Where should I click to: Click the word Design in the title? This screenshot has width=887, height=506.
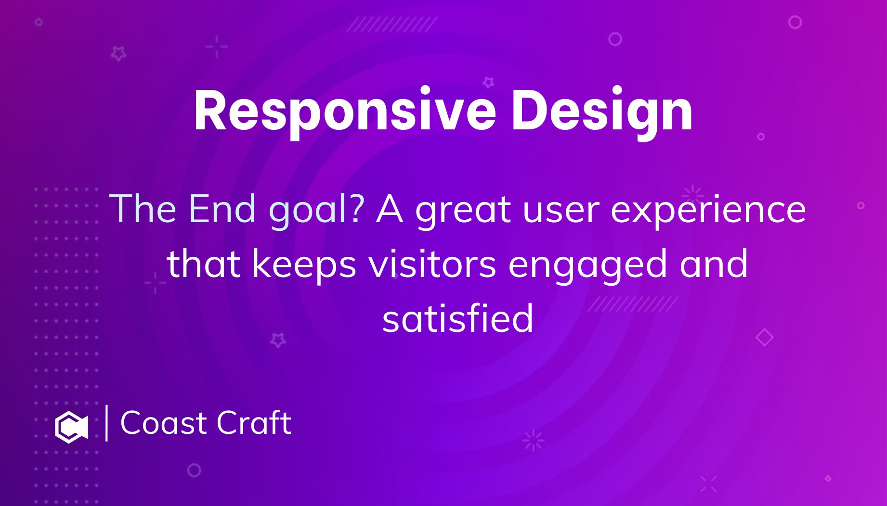click(601, 112)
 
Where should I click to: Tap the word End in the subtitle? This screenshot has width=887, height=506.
click(222, 209)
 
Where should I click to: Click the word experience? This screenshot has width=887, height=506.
click(708, 211)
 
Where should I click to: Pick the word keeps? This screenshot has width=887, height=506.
click(304, 265)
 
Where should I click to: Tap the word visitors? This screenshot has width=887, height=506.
click(432, 264)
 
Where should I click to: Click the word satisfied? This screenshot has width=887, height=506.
click(457, 319)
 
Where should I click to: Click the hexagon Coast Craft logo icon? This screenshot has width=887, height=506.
click(71, 427)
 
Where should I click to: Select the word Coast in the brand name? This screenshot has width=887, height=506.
click(164, 423)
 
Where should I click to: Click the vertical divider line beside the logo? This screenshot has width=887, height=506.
click(106, 423)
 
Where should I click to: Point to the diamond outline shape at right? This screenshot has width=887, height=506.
click(764, 337)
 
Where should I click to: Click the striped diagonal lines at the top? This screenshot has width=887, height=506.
click(391, 24)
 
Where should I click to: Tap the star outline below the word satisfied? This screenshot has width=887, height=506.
click(278, 340)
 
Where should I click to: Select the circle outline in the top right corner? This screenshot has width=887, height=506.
click(795, 22)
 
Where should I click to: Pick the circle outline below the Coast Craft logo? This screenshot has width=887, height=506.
click(194, 470)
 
